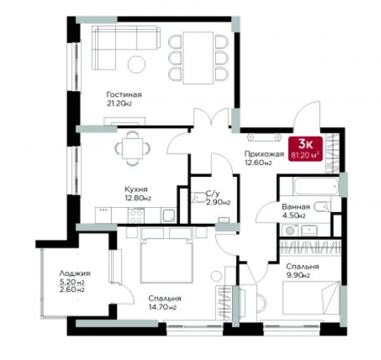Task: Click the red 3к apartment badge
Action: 305,149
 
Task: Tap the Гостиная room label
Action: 124,94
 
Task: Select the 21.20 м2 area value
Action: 119,103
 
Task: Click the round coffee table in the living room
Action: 137,64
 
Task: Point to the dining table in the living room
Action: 199,58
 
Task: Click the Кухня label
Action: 136,190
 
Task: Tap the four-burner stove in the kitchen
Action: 136,216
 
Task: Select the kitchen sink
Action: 169,215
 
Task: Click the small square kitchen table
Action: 132,149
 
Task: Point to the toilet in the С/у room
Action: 199,198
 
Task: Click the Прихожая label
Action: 264,154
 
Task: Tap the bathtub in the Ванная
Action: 316,186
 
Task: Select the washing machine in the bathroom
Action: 290,230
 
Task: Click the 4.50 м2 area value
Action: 294,215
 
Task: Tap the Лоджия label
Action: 74,274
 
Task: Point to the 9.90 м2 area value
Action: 298,275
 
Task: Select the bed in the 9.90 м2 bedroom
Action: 311,298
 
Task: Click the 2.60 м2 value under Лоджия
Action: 72,290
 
